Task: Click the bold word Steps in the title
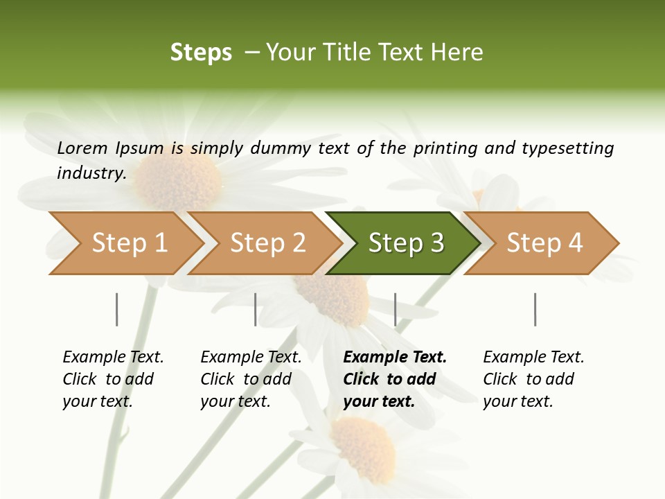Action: (x=201, y=53)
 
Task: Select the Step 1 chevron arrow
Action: (x=125, y=243)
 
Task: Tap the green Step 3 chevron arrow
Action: (x=403, y=243)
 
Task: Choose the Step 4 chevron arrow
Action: (x=542, y=243)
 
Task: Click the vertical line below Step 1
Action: (x=117, y=309)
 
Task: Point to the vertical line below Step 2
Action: (x=256, y=309)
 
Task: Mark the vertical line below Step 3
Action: (x=396, y=309)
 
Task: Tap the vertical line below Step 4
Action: (x=535, y=309)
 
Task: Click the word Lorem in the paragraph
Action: (x=82, y=148)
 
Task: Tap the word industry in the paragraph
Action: (x=91, y=173)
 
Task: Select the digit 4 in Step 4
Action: (x=575, y=243)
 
